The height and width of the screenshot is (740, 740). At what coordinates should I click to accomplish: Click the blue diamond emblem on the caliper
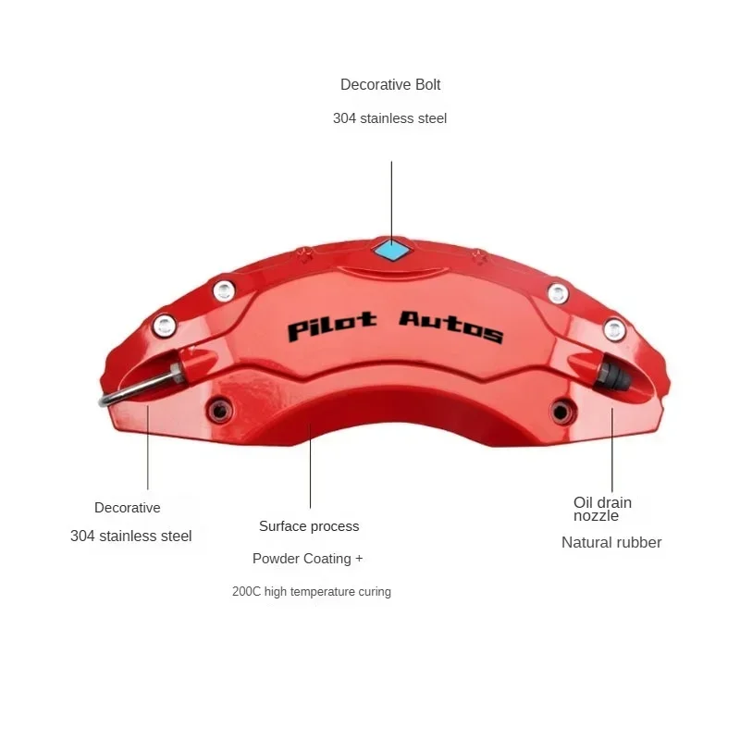[x=392, y=250]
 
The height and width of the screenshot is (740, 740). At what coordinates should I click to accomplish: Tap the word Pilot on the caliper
[x=332, y=326]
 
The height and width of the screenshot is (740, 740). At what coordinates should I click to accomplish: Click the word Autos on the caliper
[x=451, y=327]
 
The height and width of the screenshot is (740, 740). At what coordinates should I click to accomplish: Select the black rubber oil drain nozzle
[x=612, y=374]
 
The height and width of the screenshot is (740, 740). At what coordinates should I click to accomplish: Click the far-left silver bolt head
[x=165, y=326]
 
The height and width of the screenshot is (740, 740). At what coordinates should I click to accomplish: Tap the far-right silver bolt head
[x=614, y=329]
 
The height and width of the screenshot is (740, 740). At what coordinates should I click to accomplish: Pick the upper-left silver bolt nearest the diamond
[x=224, y=291]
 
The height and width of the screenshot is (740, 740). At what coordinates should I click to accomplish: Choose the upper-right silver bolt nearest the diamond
[x=558, y=293]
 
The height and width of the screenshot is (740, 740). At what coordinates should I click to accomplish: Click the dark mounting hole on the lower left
[x=220, y=411]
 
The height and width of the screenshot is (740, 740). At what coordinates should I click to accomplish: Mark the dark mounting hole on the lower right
[x=561, y=412]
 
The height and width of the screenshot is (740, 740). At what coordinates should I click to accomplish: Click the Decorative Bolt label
[x=390, y=84]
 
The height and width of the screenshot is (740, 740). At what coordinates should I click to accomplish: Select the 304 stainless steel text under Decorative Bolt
[x=389, y=118]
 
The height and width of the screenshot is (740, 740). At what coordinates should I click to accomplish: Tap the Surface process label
[x=309, y=526]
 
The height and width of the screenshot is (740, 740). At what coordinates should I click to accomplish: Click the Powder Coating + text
[x=308, y=559]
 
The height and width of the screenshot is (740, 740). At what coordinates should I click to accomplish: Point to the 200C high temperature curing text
[x=312, y=591]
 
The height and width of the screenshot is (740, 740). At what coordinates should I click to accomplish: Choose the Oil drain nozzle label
[x=602, y=509]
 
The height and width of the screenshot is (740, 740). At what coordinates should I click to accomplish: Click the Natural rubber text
[x=611, y=542]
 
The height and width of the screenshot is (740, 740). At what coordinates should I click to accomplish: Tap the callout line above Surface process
[x=310, y=466]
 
